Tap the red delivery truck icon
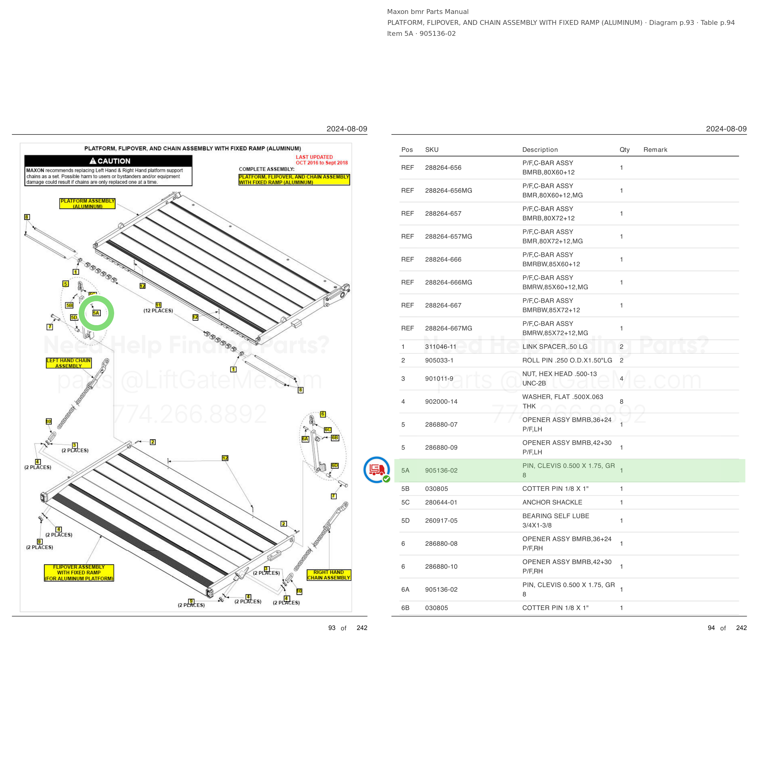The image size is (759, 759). click(x=377, y=469)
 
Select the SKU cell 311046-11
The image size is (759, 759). click(x=441, y=346)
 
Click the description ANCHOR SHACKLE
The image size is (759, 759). click(x=552, y=502)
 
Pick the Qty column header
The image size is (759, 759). click(x=624, y=150)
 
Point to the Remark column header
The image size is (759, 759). click(x=655, y=150)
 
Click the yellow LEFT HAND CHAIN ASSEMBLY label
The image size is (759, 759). click(x=68, y=363)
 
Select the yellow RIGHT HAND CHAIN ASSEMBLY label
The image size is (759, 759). click(x=328, y=575)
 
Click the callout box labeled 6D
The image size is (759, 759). click(x=334, y=465)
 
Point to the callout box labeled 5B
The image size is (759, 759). click(x=70, y=305)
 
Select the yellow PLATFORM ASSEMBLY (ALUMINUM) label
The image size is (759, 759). click(x=87, y=203)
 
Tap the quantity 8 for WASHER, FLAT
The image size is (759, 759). click(x=621, y=401)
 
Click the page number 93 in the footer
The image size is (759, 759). click(x=332, y=628)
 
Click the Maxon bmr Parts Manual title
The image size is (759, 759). click(x=427, y=12)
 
